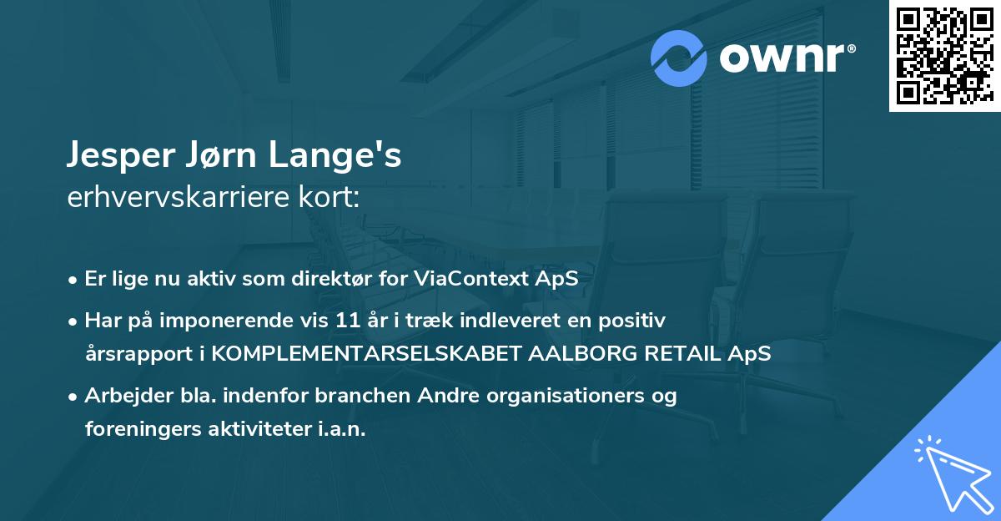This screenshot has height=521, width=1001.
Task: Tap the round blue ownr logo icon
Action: click(679, 58)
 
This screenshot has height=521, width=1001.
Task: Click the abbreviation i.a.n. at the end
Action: click(339, 429)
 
